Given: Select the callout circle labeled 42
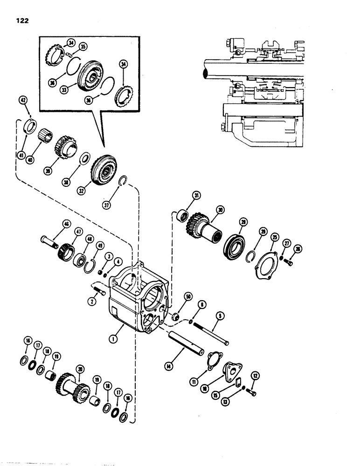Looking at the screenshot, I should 22,99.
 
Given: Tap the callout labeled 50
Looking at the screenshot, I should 188,297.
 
